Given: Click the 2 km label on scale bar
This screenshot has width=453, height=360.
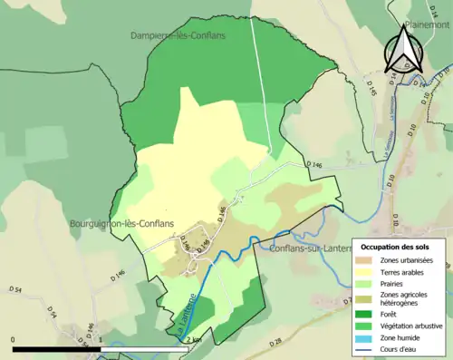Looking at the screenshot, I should pyautogui.click(x=194, y=339).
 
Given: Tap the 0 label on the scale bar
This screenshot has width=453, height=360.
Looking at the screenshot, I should pyautogui.click(x=14, y=339).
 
